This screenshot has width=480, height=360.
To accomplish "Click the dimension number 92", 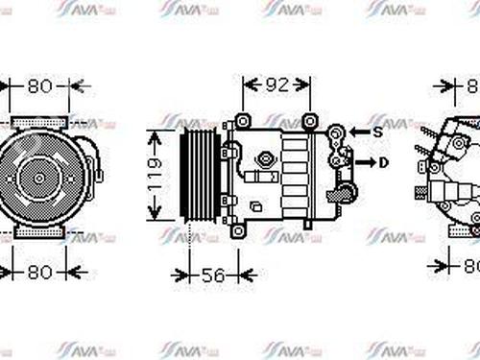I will [x=276, y=84].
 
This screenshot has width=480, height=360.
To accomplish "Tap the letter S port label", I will [x=378, y=131].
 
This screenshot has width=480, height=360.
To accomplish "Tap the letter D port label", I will [x=384, y=162].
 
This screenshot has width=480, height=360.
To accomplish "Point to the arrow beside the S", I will [x=357, y=131].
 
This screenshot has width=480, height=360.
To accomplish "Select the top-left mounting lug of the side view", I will [x=243, y=121].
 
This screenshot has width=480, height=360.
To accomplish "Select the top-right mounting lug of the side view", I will [x=310, y=120].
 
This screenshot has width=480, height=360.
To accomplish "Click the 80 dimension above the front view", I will [x=38, y=86].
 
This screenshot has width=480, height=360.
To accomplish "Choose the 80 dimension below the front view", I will [x=38, y=273].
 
